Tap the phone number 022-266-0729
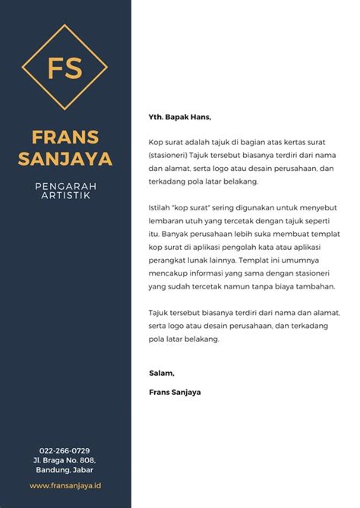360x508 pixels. pyautogui.click(x=65, y=450)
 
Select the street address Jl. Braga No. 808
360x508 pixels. pyautogui.click(x=65, y=460)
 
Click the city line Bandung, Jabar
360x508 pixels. pyautogui.click(x=65, y=470)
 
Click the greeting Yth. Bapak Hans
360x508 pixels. pyautogui.click(x=179, y=118)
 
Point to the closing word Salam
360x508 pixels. pyautogui.click(x=162, y=373)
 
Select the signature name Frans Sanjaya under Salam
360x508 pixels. pyautogui.click(x=175, y=392)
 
